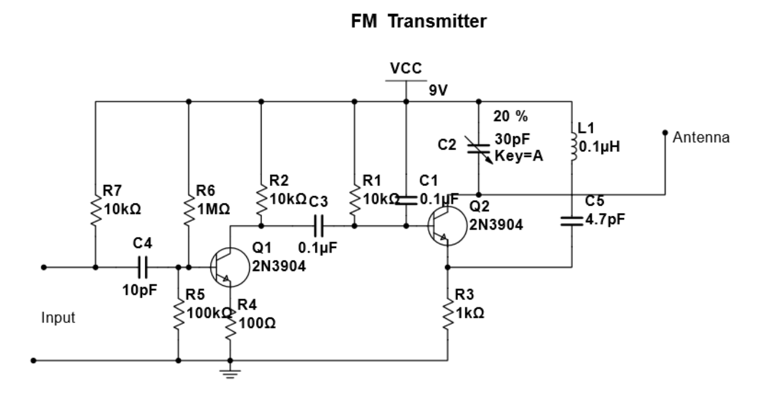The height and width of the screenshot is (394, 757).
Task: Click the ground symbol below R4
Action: tap(230, 374)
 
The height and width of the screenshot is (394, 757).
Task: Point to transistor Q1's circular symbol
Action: tap(228, 267)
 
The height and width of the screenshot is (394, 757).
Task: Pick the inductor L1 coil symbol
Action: tap(572, 147)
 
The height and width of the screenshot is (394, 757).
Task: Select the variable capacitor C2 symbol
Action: tap(478, 148)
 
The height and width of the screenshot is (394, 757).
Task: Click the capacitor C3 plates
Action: tap(319, 226)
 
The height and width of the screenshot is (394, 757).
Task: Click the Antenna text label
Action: tap(702, 137)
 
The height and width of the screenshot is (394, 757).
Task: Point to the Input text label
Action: tap(58, 318)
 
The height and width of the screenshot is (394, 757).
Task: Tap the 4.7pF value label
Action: tap(605, 219)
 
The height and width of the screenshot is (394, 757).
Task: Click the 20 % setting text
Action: tap(511, 117)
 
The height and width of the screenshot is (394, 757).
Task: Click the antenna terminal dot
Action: tap(665, 133)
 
